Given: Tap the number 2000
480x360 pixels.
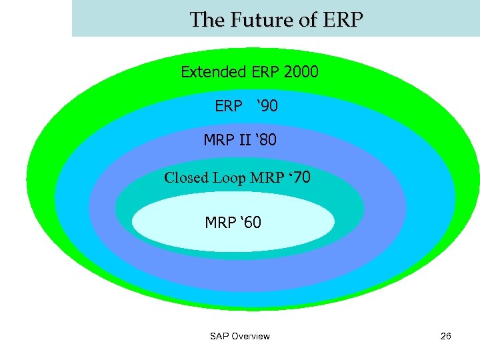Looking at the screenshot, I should click(301, 72).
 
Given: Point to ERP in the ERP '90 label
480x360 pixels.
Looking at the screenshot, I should click(228, 106).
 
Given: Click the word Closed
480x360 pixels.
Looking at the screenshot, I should click(186, 178).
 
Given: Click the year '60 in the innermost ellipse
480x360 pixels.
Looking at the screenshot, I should click(249, 222).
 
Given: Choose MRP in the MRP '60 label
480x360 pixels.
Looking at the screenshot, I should click(220, 222).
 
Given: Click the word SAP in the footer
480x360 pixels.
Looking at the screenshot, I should click(219, 336).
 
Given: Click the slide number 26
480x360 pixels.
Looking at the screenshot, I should click(446, 336).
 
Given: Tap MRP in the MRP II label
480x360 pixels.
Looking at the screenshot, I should click(218, 141).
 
